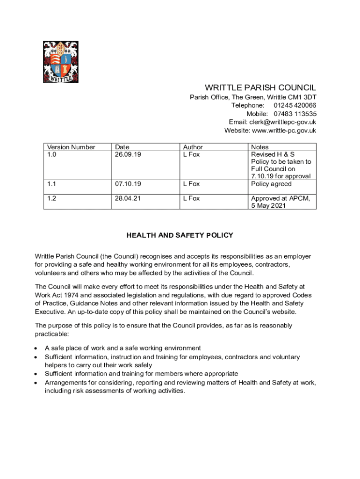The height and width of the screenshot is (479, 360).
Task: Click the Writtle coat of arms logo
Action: click(x=60, y=62)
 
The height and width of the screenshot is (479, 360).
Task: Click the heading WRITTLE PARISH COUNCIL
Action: click(x=260, y=88)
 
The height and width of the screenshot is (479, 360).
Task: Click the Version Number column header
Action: click(x=71, y=147)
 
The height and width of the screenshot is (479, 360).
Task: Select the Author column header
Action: click(x=193, y=147)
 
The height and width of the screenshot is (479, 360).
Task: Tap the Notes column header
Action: click(x=260, y=147)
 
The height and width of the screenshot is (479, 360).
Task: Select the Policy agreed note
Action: click(x=271, y=184)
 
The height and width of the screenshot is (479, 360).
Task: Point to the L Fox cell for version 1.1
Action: click(x=191, y=184)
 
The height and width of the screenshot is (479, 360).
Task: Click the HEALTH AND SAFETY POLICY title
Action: click(x=180, y=235)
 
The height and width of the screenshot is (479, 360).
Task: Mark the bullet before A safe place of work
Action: click(x=36, y=348)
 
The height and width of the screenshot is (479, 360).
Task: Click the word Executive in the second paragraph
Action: click(x=50, y=312)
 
